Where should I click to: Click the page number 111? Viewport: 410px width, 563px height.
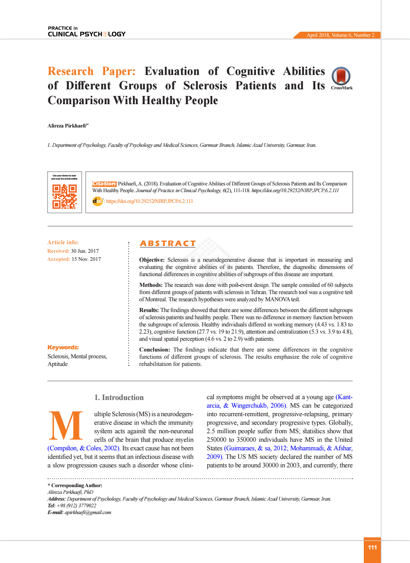[x=372, y=547]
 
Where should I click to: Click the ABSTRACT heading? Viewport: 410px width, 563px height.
[x=168, y=244]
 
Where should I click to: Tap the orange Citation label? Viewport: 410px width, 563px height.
[x=104, y=184]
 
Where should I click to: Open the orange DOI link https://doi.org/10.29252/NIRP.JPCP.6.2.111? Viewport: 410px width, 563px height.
[x=149, y=201]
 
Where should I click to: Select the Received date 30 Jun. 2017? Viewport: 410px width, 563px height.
[x=85, y=251]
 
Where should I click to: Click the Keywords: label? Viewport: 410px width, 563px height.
[x=63, y=347]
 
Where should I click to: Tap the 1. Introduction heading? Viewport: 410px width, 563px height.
[x=119, y=397]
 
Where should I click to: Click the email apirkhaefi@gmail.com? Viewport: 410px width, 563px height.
[x=88, y=512]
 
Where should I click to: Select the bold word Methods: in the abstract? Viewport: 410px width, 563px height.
[x=151, y=285]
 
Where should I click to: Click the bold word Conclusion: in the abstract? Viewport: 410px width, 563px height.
[x=155, y=350]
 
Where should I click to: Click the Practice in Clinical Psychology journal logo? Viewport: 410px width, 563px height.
[x=87, y=31]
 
